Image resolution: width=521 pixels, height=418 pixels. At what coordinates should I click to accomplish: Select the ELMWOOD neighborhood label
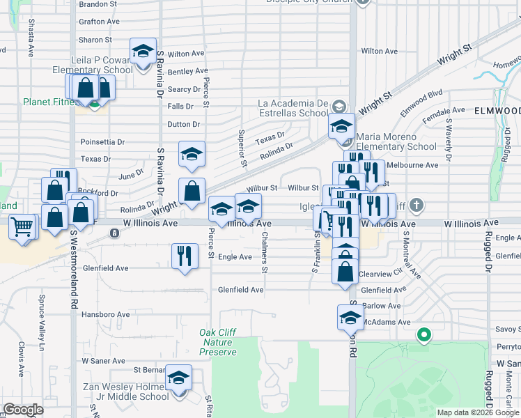coord(497,111)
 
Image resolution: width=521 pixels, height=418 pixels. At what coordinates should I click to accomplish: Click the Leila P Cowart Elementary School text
coord(93,65)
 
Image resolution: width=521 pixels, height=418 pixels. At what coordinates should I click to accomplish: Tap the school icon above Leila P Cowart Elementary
coord(143,52)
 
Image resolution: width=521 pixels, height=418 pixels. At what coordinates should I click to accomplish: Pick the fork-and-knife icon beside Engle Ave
coord(184,255)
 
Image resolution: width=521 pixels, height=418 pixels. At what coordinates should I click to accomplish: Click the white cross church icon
coord(416,206)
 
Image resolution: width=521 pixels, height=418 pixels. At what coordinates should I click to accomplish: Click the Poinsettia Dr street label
coord(102,141)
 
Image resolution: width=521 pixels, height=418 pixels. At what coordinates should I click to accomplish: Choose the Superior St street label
coord(243,148)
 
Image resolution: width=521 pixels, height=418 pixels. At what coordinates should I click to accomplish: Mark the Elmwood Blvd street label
coord(421,102)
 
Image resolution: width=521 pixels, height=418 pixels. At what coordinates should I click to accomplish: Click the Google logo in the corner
coord(23,410)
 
